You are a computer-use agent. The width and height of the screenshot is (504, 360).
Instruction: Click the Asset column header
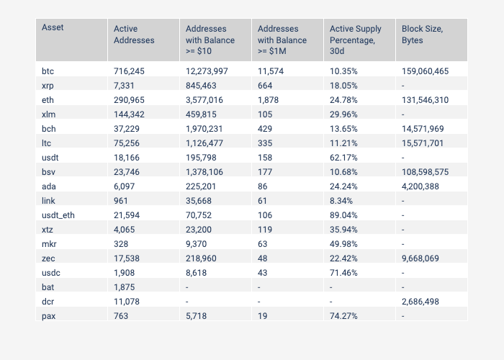[x=53, y=27]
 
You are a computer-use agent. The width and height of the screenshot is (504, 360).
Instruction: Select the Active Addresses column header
[x=134, y=34]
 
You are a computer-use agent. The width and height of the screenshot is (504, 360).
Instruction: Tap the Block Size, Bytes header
[x=422, y=34]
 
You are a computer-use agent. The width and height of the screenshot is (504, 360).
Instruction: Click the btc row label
[x=48, y=71]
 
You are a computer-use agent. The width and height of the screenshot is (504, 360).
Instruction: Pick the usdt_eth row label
[x=58, y=215]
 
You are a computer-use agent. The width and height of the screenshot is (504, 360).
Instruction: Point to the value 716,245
[x=129, y=71]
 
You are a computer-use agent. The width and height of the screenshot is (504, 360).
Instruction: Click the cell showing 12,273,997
[x=207, y=71]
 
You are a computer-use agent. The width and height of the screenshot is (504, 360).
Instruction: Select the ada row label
[x=48, y=186]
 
